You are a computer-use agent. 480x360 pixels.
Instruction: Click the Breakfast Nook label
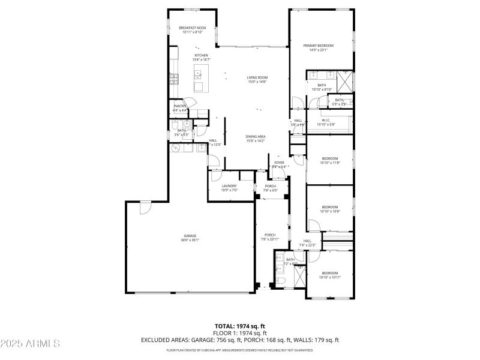point(192,28)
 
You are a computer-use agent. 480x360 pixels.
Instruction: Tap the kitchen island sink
point(197,74)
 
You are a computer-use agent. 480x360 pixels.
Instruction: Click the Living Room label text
point(257,77)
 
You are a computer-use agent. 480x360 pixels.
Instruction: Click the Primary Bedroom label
point(318,46)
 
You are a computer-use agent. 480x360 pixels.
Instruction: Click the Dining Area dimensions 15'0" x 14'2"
point(256,141)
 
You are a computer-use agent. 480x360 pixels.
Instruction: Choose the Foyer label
point(280,163)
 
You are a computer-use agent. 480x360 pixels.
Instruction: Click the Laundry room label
point(229,185)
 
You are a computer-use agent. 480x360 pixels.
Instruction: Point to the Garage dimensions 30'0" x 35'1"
point(190,240)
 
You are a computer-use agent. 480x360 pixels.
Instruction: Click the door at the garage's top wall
point(145,207)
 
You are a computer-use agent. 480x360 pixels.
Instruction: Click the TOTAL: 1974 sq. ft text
point(240,326)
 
